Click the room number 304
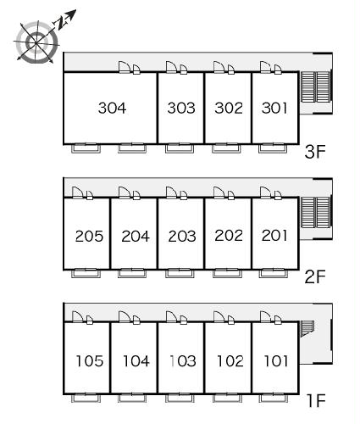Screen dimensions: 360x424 [112, 108]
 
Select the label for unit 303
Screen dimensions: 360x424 [181, 108]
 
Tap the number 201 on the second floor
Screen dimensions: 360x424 [274, 236]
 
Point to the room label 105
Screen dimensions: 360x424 [90, 361]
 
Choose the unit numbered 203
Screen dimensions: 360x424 [182, 237]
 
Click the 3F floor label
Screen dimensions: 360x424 [315, 152]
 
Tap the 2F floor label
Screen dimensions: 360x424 [315, 276]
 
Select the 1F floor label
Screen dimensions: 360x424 [317, 401]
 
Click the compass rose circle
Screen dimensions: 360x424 [36, 42]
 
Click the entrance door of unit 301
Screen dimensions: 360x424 [266, 67]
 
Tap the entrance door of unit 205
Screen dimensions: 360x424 [78, 192]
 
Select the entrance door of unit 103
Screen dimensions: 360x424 [172, 317]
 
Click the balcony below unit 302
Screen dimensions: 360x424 [227, 148]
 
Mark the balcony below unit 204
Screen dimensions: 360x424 [132, 273]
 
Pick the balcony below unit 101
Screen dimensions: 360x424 [274, 398]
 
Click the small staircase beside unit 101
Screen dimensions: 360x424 [307, 329]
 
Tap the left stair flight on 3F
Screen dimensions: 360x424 [307, 86]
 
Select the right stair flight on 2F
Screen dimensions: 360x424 [324, 213]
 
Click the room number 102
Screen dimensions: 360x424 [230, 361]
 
